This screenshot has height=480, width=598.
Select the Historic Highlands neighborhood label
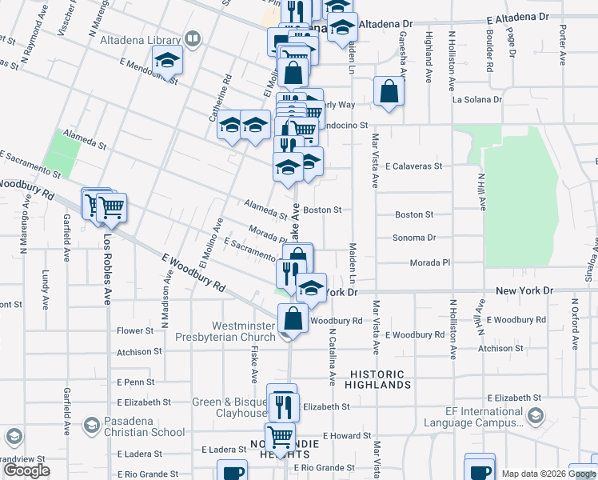click(378, 379)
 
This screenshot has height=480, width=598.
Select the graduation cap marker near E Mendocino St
click(168, 59)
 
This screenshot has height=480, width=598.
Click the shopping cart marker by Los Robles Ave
click(110, 207)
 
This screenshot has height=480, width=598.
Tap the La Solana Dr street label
click(477, 100)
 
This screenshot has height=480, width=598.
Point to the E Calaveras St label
click(414, 166)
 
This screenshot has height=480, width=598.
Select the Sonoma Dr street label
click(414, 238)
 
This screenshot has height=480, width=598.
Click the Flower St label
click(134, 330)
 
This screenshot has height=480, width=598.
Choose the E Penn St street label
click(135, 382)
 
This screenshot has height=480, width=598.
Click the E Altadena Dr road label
click(511, 16)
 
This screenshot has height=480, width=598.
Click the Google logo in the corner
click(26, 470)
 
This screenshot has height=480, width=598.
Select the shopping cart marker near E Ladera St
click(280, 437)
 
